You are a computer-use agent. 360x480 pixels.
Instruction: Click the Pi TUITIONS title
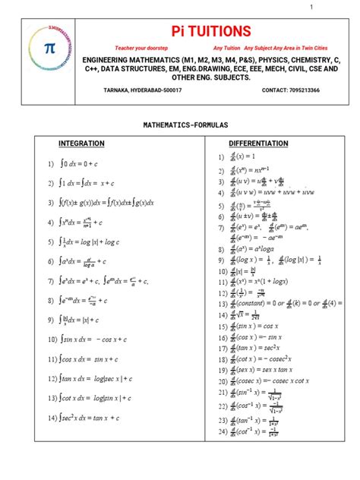(x=200, y=30)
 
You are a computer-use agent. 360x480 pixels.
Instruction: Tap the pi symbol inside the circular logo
(x=50, y=48)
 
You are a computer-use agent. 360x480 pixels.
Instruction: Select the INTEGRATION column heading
(x=81, y=144)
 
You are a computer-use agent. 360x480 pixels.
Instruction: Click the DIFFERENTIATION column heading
(x=258, y=144)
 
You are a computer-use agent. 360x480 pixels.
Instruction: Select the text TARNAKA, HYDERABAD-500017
(x=142, y=90)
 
